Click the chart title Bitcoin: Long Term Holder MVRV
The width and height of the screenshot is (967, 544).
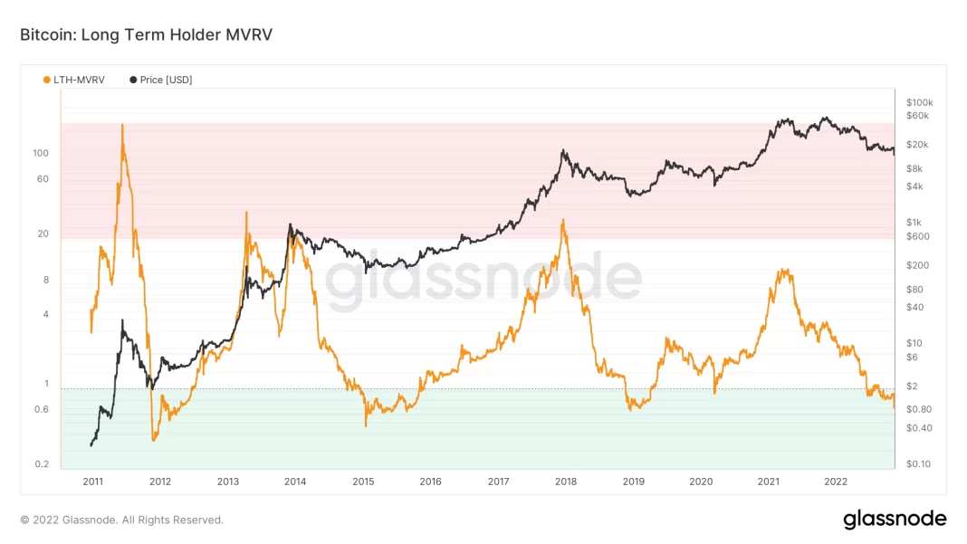pos(146,35)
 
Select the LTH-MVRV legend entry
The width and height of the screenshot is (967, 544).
pos(73,80)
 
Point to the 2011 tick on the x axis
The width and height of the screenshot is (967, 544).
pos(92,482)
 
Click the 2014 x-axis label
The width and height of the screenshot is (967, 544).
pos(295,482)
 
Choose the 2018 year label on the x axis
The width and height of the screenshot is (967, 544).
pos(566,482)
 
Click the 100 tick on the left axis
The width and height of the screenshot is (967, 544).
pos(41,153)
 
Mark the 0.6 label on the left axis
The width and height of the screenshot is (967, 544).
pos(41,409)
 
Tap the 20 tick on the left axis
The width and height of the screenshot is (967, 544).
pos(43,234)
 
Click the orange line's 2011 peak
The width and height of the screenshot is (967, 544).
pos(122,125)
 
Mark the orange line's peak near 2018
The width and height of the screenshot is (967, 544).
pos(563,219)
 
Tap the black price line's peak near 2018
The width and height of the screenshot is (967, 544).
pos(563,150)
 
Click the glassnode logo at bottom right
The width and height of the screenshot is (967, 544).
pos(895,520)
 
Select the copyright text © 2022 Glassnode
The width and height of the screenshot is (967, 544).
pos(121,520)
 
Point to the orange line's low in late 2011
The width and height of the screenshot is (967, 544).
pos(154,440)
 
